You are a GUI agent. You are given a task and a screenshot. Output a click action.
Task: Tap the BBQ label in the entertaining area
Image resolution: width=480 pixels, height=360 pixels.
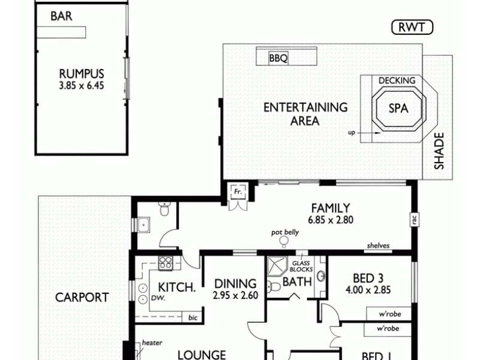[278, 58]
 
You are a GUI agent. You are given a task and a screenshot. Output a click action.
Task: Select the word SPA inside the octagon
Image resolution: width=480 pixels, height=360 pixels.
[398, 109]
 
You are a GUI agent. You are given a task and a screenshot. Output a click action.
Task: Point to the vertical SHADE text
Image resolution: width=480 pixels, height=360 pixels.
[439, 151]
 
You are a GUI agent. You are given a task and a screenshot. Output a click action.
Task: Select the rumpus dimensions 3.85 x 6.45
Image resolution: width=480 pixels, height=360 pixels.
[81, 86]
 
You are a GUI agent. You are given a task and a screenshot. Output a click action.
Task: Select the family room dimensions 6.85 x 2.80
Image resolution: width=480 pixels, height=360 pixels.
[331, 220]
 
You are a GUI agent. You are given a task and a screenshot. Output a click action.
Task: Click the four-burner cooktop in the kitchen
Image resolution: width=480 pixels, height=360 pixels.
[166, 262]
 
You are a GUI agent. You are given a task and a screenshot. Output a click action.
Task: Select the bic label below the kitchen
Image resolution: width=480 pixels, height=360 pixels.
[192, 316]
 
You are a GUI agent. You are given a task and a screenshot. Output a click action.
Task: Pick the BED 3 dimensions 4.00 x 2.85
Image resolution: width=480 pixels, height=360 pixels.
[365, 290]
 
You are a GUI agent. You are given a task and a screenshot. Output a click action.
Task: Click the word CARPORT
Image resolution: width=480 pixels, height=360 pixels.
[82, 297]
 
